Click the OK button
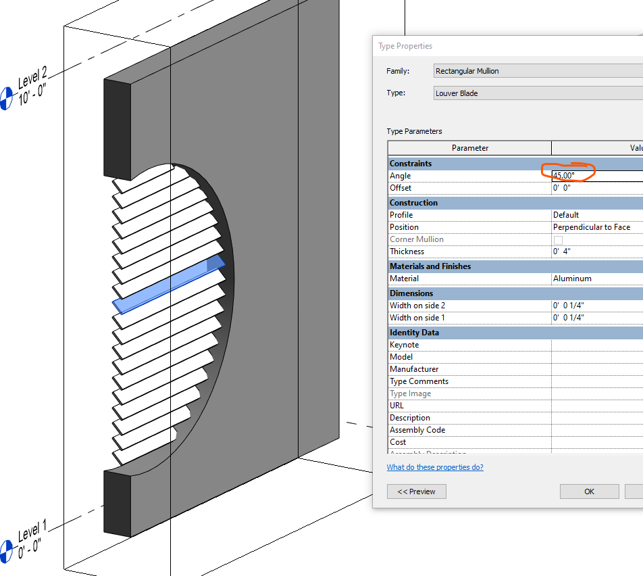click(x=589, y=491)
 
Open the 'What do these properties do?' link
click(x=435, y=467)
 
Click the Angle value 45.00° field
click(x=594, y=176)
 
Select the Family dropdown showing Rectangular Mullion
click(x=537, y=71)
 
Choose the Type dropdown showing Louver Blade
click(x=537, y=93)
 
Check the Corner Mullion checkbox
click(x=558, y=240)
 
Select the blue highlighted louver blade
click(x=169, y=284)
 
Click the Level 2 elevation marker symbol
click(x=5, y=98)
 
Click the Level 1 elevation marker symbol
click(x=5, y=550)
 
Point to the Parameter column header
click(x=469, y=148)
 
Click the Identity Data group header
click(x=414, y=333)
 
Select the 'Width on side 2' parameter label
click(x=417, y=306)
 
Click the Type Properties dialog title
click(x=405, y=46)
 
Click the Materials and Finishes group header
click(x=430, y=266)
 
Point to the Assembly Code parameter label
click(x=417, y=430)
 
